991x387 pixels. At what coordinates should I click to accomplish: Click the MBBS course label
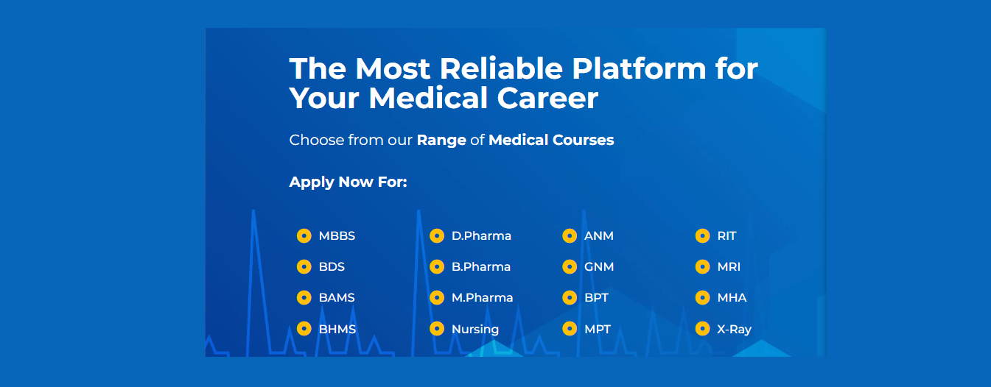337,236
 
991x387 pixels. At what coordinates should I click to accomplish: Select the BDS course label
332,267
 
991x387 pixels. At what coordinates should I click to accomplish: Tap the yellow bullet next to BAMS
304,298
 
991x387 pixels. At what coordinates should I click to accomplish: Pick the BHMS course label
337,329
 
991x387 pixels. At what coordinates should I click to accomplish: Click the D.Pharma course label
481,236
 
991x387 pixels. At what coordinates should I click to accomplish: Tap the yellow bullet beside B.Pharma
437,267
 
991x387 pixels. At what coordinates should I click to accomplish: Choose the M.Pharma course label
482,298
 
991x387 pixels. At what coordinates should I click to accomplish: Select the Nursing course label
475,330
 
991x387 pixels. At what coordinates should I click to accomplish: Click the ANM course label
598,236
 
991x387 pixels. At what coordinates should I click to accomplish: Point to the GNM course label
599,267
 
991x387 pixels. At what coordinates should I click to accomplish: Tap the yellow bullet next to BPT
570,298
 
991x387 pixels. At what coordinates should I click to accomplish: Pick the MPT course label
598,329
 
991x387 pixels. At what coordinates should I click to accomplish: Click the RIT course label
726,236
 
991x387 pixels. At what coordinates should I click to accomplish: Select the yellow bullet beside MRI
702,267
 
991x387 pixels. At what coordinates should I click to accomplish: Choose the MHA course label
732,298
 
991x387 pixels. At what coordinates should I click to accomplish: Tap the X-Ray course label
734,330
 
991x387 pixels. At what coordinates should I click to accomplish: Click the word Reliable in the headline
501,69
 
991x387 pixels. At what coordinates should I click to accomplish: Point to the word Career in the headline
547,98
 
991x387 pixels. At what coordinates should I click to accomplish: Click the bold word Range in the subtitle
441,141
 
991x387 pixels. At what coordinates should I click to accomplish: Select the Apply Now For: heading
349,182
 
